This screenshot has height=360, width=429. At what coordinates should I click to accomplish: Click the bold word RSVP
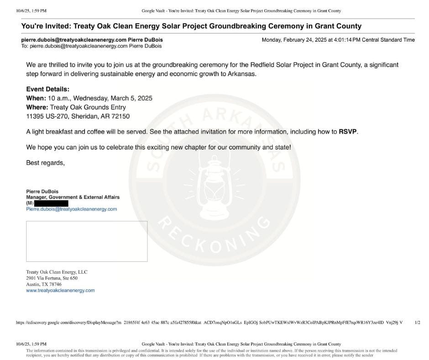[348, 132]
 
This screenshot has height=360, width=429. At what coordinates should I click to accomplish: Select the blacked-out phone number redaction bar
[51, 203]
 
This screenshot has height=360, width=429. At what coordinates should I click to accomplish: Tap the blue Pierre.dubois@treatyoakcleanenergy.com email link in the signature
[72, 209]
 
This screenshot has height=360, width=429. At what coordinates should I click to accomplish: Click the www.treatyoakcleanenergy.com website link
[60, 291]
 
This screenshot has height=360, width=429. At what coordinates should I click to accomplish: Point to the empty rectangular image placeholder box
[87, 241]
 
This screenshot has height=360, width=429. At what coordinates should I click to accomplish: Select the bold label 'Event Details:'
[48, 90]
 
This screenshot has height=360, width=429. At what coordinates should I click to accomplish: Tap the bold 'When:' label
[36, 98]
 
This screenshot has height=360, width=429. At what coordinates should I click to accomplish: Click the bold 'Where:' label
[37, 107]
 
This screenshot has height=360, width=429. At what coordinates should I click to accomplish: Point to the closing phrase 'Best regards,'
[45, 163]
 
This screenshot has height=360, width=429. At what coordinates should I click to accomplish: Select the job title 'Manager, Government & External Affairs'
[73, 197]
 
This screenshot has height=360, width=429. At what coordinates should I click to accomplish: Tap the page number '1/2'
[417, 322]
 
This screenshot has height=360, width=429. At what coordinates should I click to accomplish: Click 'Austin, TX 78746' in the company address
[44, 284]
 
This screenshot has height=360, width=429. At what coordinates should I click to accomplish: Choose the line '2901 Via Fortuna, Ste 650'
[52, 278]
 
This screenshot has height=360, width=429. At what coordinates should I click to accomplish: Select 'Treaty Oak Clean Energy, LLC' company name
[57, 272]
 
